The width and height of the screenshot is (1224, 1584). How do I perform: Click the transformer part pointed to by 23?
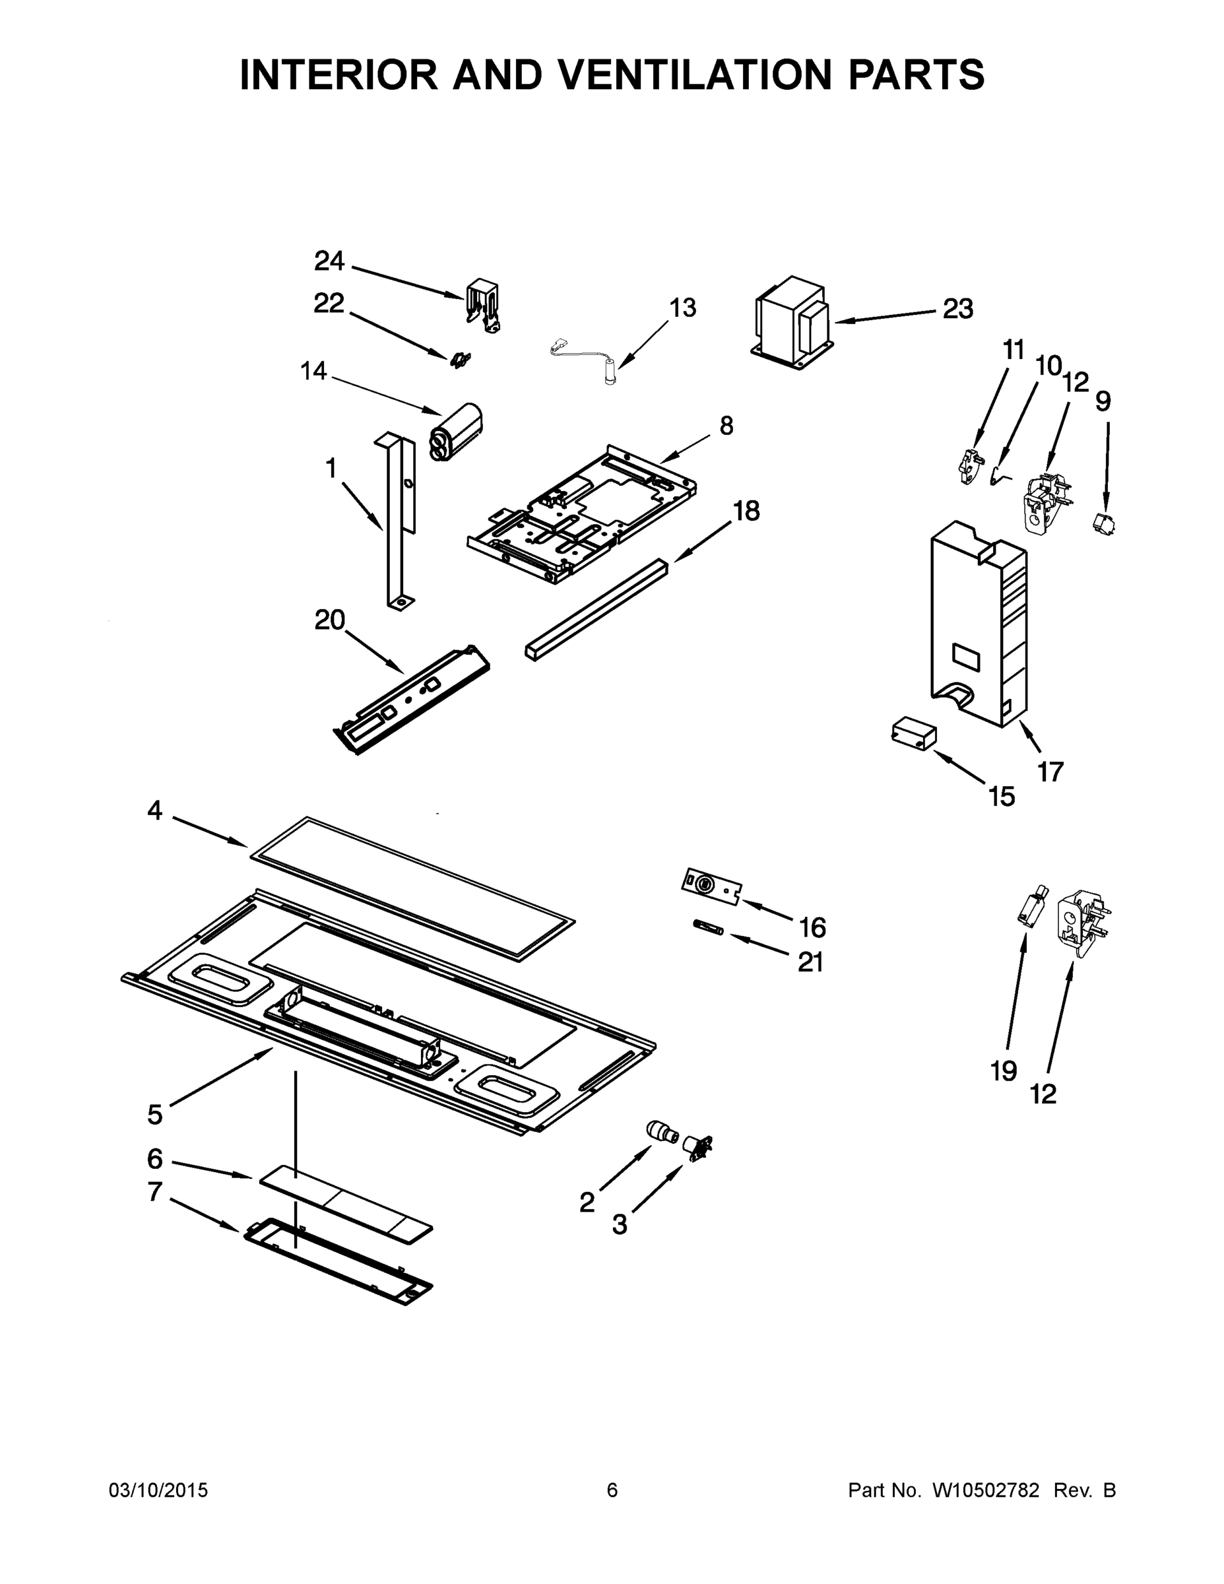792,322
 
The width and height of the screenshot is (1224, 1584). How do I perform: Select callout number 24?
329,261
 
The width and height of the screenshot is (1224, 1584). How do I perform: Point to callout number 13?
682,308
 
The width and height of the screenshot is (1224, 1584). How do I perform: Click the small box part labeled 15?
913,734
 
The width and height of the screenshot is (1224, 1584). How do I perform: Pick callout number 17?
1050,772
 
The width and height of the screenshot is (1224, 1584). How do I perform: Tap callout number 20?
329,620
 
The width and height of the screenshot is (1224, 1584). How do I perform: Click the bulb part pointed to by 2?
660,1131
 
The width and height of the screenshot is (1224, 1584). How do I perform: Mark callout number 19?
1004,1071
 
